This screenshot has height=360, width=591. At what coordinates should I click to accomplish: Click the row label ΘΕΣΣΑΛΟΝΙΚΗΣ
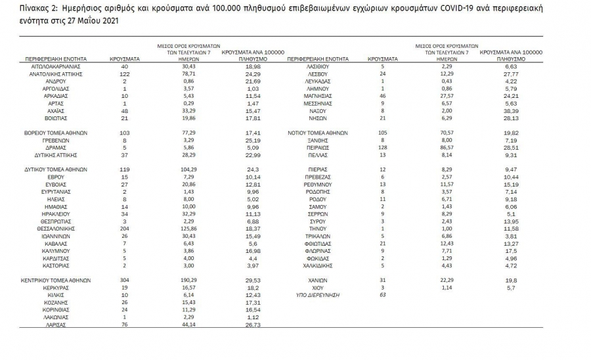click(x=53, y=228)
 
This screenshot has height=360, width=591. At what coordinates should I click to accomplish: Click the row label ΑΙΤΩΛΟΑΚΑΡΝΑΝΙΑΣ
click(x=53, y=67)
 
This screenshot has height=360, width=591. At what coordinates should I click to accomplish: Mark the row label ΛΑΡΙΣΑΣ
click(x=53, y=324)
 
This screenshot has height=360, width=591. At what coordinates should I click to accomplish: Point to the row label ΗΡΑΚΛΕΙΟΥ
click(x=53, y=214)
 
